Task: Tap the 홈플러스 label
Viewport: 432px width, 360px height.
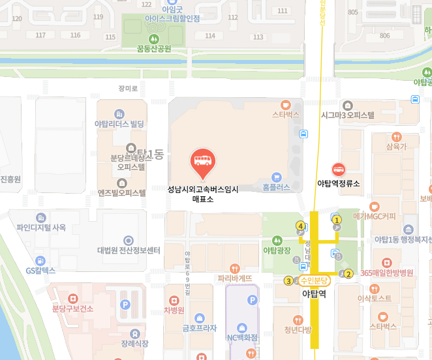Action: [275, 187]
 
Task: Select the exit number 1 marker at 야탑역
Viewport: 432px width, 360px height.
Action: [337, 220]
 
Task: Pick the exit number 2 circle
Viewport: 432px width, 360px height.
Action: [348, 274]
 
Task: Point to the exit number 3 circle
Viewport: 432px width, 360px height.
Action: [288, 281]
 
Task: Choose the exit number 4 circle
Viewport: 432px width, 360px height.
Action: [300, 226]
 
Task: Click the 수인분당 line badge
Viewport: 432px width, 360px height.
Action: [315, 280]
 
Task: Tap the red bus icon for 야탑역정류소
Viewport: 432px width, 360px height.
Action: [338, 170]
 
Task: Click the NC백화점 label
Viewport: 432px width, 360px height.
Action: [242, 338]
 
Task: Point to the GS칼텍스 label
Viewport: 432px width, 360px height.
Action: [40, 270]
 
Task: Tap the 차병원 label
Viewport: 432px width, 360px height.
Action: [174, 310]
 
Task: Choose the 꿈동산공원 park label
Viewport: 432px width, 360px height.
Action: [154, 48]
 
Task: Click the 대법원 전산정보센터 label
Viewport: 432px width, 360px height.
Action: [129, 250]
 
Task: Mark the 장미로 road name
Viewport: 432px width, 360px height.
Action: [129, 88]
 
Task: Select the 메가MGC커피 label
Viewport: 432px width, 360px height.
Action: [374, 216]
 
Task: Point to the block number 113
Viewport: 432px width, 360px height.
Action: [258, 37]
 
